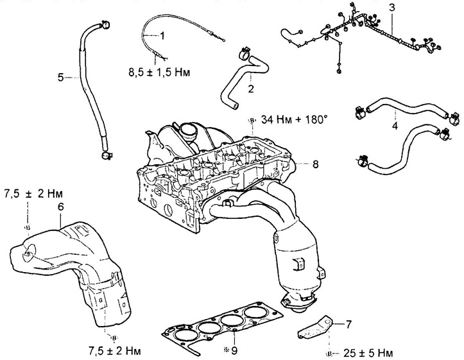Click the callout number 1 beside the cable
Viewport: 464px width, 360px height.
[x=162, y=36]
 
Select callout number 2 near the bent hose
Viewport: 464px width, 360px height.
[x=251, y=89]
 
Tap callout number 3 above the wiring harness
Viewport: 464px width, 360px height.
[x=391, y=8]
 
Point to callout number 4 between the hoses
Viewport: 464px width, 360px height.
[x=395, y=126]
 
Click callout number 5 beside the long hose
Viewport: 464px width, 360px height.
[x=61, y=78]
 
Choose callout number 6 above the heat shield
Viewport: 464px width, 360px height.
[x=60, y=207]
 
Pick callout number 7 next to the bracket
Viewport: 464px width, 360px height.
[x=348, y=325]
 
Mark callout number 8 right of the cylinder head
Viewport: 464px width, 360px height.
[x=316, y=164]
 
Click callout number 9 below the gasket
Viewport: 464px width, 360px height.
[x=234, y=351]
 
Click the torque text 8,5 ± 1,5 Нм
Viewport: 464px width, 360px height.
[x=159, y=73]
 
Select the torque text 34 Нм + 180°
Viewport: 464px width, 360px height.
[x=294, y=120]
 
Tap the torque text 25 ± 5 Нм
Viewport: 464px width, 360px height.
[x=368, y=353]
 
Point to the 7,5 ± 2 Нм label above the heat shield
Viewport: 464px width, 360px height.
[x=34, y=194]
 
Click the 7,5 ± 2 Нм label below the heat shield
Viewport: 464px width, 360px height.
[x=115, y=351]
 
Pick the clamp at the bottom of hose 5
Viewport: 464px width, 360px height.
[x=106, y=155]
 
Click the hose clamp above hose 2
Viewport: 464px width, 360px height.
[x=244, y=54]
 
